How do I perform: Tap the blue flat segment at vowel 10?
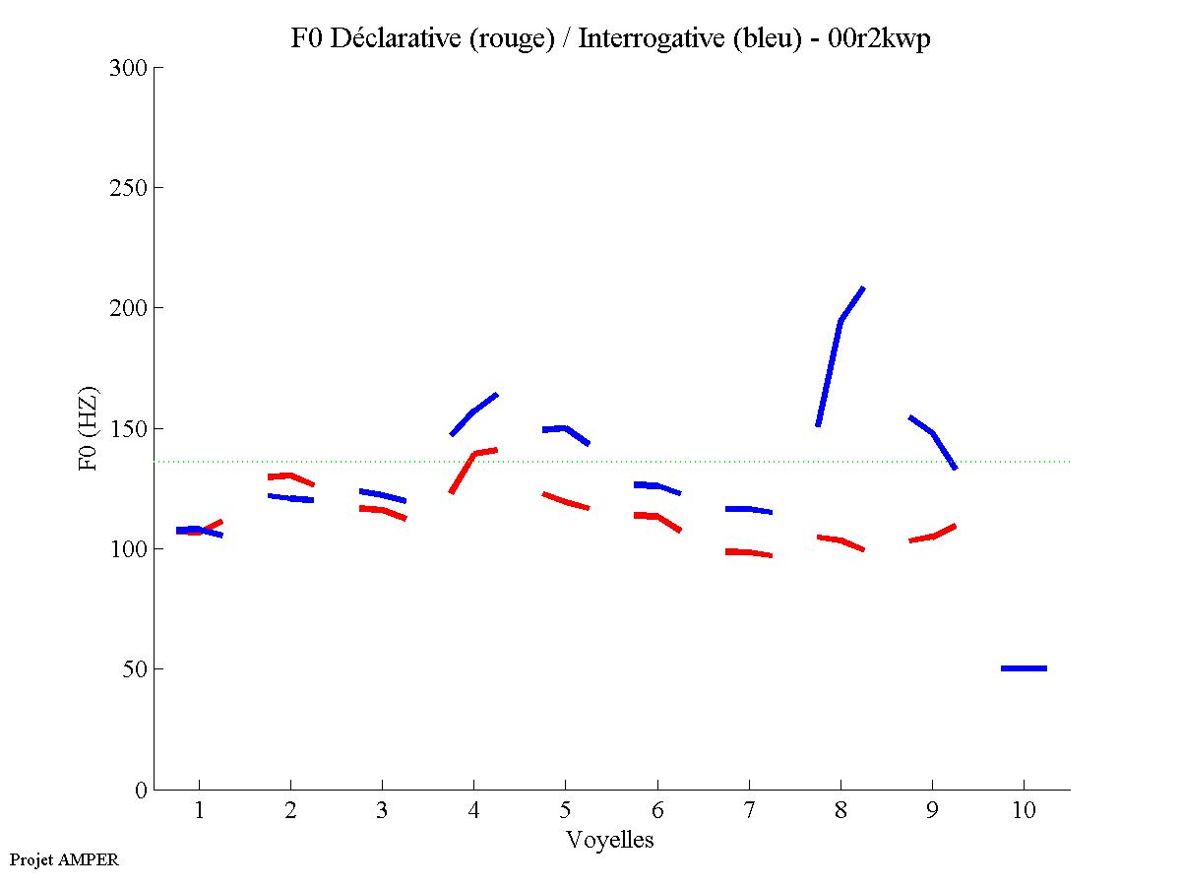click(1024, 668)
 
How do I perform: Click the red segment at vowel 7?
click(749, 552)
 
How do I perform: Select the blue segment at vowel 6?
click(656, 485)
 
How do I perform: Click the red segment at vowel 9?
click(932, 536)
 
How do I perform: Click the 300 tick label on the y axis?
click(129, 68)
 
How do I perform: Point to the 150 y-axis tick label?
click(129, 429)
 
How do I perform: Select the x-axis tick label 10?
click(1024, 811)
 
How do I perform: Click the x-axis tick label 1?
click(199, 811)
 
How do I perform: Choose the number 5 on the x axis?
click(565, 811)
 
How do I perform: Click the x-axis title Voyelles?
click(609, 840)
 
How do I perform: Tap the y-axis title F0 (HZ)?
click(89, 428)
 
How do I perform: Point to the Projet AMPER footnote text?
click(64, 859)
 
